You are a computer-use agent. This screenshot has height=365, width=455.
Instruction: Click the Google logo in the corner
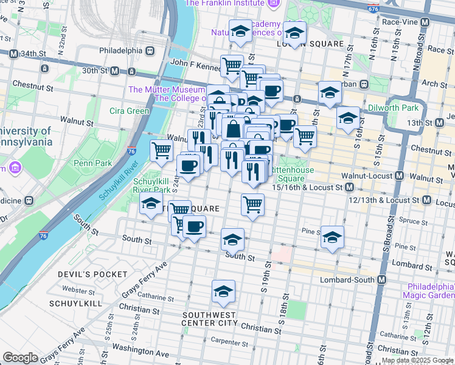coord(21,358)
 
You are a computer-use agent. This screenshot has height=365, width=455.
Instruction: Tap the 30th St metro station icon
coord(114,71)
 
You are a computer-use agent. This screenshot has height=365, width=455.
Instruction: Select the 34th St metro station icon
coord(13,54)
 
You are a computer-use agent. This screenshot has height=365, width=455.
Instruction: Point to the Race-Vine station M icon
coord(424,21)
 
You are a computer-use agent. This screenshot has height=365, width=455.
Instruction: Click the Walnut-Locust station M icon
coord(399,176)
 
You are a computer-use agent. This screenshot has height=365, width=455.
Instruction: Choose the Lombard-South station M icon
coord(382,279)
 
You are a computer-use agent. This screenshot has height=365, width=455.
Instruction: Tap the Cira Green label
coord(129,111)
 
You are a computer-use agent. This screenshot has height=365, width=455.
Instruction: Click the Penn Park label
coord(89,163)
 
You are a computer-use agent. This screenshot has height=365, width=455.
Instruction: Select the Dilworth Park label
coord(393,108)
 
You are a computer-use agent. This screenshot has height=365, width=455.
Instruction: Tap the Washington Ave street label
coord(144,352)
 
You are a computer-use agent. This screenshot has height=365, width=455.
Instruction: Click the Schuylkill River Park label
coord(151,186)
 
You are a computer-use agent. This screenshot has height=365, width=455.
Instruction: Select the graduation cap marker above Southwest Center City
coord(223,292)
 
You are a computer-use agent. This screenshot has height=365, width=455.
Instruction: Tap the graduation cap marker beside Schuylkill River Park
coord(151,205)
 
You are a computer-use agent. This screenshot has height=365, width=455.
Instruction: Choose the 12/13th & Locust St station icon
coord(425,200)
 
